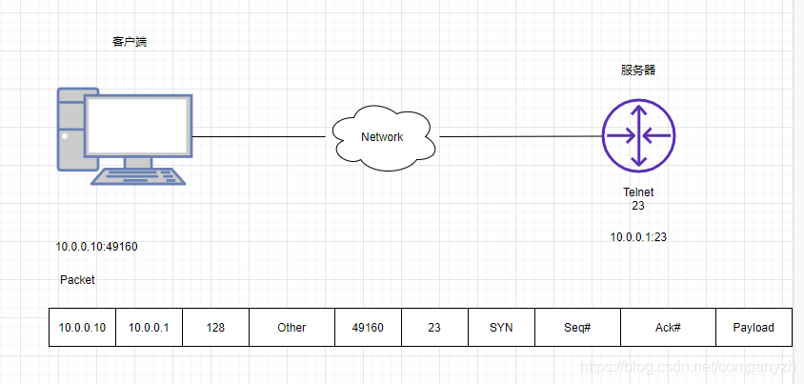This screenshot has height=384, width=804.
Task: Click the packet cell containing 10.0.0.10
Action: (82, 327)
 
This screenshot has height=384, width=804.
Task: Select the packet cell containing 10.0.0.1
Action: (149, 327)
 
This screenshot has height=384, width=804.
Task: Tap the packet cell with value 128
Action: (215, 327)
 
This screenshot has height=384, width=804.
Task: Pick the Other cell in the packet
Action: (291, 327)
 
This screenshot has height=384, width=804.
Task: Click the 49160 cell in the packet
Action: (368, 327)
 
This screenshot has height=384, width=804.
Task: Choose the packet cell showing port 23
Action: (434, 327)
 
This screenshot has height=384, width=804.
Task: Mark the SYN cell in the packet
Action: (501, 327)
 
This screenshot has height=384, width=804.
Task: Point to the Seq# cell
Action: (577, 327)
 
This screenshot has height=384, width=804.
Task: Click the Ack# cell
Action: (668, 327)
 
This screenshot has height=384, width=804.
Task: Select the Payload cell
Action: (754, 327)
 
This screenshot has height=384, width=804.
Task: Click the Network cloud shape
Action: (382, 137)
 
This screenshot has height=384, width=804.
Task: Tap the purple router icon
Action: (638, 135)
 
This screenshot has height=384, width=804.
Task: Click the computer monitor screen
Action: (139, 125)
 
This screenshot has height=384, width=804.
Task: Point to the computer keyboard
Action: (136, 176)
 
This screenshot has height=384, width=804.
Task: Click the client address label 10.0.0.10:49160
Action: (96, 247)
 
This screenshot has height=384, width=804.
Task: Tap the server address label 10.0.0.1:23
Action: (638, 237)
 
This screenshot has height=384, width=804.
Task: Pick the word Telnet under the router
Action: (638, 192)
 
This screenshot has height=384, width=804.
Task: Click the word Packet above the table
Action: (77, 280)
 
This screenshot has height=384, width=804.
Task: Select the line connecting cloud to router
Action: (519, 136)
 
